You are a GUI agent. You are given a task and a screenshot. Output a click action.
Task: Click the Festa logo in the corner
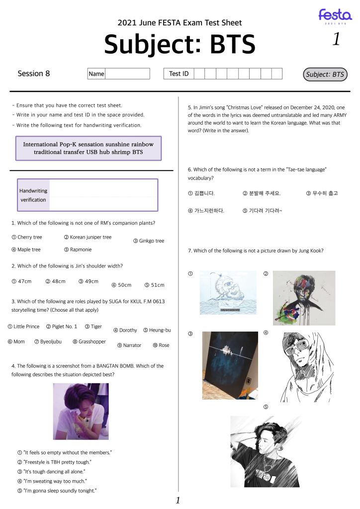pos(335,16)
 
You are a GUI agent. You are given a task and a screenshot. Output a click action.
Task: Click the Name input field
pos(127,74)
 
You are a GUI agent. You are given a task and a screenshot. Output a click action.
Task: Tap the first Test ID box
pos(199,74)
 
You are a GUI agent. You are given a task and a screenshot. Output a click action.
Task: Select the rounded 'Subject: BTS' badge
pos(325,75)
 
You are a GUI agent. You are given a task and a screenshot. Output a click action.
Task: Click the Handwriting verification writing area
pos(103,195)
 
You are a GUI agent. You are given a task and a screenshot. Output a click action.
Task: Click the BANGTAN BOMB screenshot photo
pos(81,411)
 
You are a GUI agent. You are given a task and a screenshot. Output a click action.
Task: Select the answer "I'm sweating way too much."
pos(55,481)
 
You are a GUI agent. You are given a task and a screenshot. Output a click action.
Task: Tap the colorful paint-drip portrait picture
pos(304,298)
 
